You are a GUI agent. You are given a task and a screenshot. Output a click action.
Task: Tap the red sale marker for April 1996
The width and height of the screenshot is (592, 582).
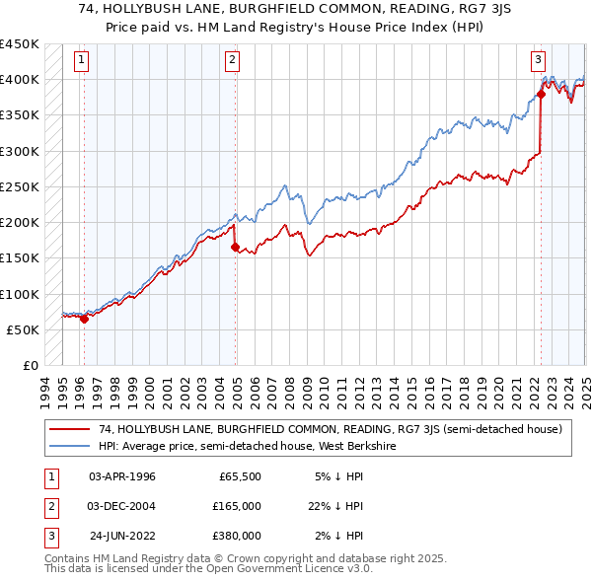click(85, 319)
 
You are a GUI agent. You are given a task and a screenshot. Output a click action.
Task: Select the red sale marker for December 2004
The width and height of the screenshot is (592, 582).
click(235, 248)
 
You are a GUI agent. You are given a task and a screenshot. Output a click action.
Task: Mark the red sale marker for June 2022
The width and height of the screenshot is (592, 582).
click(541, 95)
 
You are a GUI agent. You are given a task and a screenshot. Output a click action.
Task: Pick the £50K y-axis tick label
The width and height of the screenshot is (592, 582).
click(23, 329)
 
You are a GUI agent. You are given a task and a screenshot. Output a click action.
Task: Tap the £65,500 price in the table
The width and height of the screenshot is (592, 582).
click(240, 476)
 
